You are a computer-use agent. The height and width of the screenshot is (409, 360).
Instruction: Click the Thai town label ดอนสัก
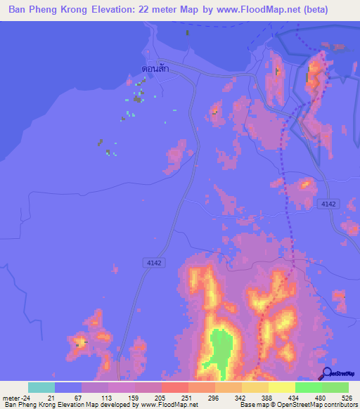154,69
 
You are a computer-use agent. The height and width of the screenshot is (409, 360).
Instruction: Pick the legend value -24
27,398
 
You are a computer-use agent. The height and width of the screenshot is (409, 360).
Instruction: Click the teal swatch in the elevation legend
41,387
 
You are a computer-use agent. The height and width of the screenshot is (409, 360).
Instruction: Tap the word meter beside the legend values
10,398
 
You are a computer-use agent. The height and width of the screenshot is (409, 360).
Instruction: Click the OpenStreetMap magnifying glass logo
326,374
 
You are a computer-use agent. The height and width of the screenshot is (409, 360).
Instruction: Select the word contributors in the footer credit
340,405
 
